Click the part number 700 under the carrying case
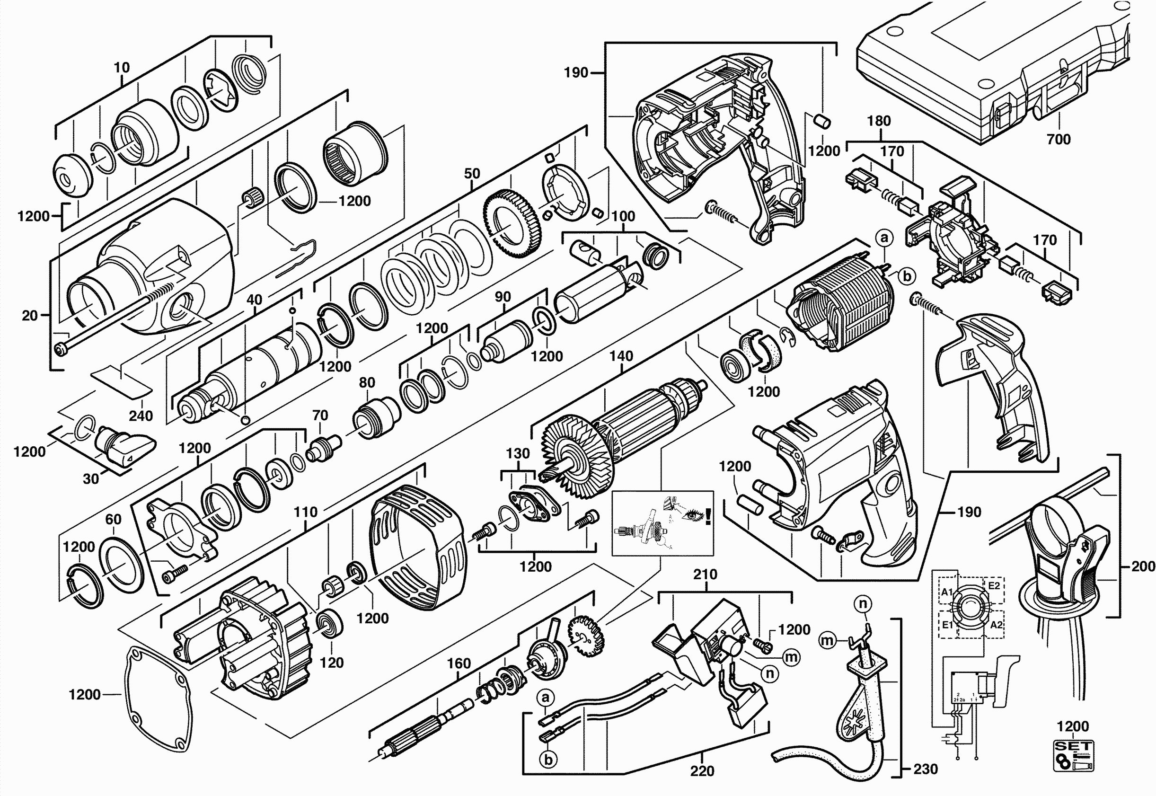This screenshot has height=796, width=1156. [x=1058, y=139]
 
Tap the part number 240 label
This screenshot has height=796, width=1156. [x=141, y=416]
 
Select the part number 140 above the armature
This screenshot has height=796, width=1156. [x=621, y=356]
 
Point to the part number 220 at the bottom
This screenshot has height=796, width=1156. [x=702, y=771]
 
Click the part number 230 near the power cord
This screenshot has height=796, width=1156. [x=926, y=769]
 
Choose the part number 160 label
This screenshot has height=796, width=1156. [x=459, y=663]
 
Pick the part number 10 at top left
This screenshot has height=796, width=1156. [x=121, y=67]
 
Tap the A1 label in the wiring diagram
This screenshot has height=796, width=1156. [x=947, y=593]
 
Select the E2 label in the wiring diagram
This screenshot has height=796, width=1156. [x=994, y=585]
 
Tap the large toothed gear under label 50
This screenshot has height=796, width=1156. [x=512, y=220]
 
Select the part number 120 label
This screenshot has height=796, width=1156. [x=332, y=663]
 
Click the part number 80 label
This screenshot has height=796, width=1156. [x=367, y=382]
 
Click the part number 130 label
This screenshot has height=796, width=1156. [x=518, y=453]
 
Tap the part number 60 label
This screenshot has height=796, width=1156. [x=113, y=519]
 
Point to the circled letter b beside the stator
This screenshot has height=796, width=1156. [x=907, y=276]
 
